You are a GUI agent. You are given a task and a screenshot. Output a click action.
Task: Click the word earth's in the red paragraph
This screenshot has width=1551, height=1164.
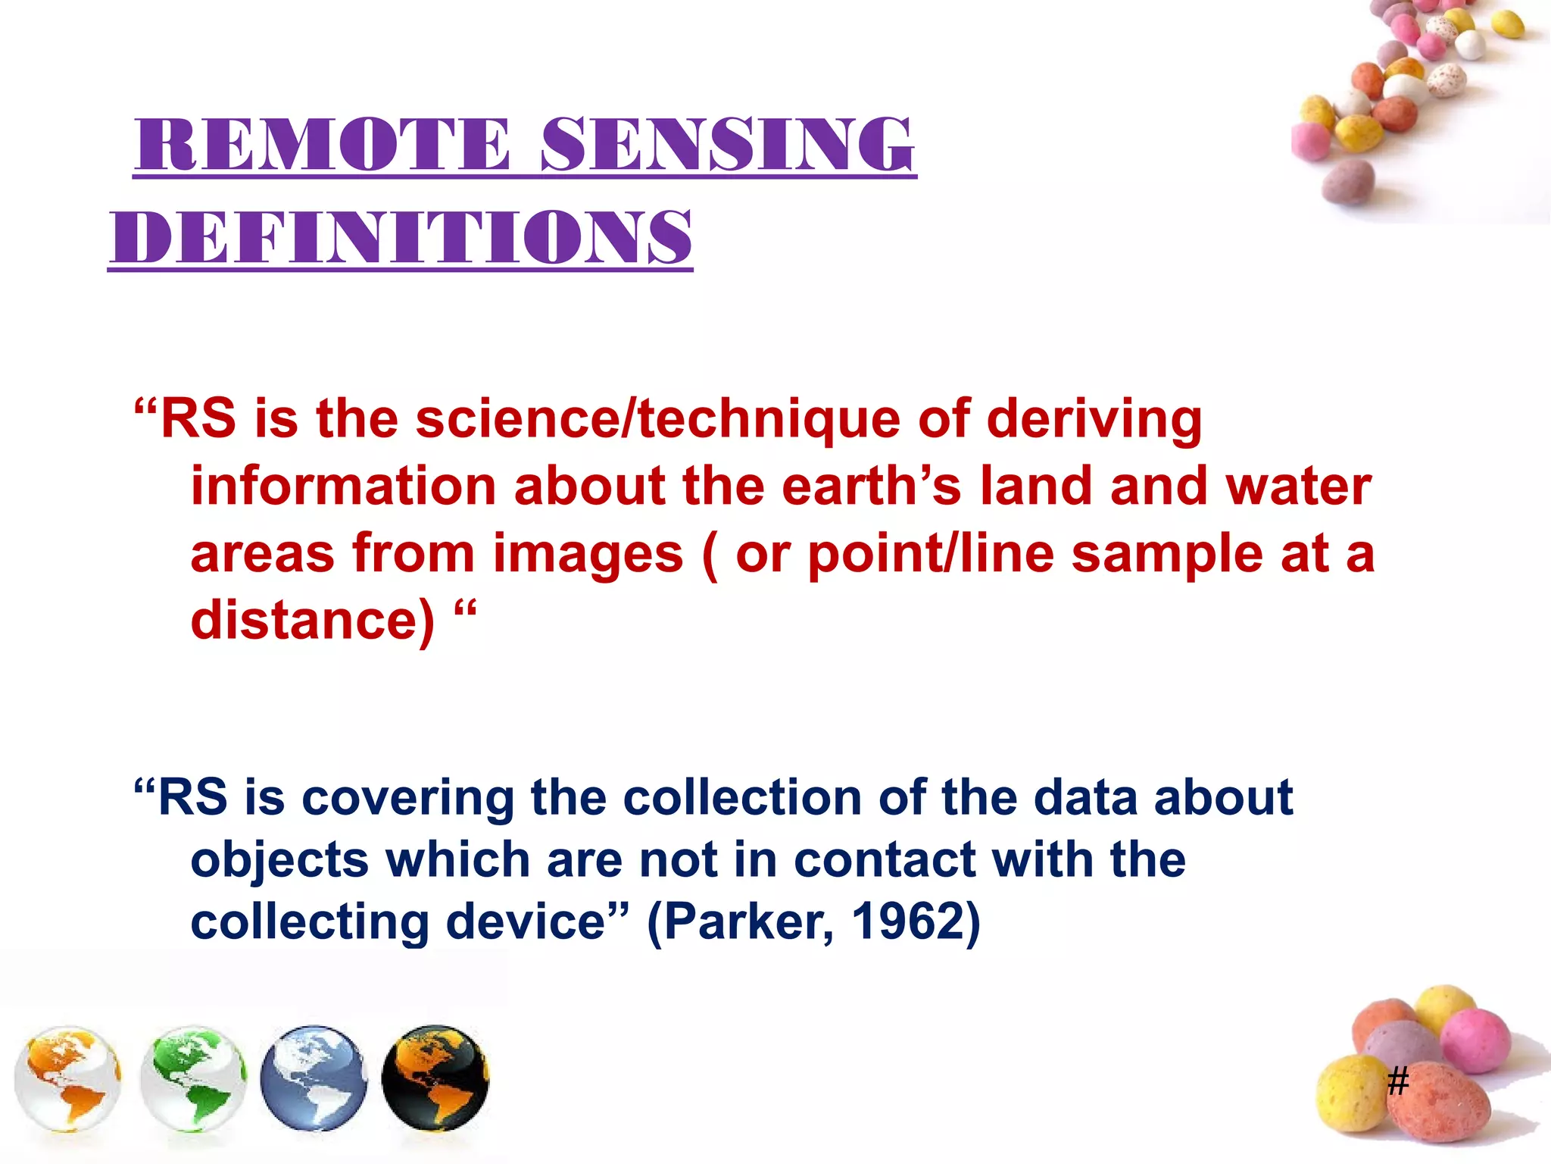click(x=871, y=486)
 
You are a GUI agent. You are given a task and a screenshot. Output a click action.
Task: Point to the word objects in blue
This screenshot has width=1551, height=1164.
click(x=279, y=862)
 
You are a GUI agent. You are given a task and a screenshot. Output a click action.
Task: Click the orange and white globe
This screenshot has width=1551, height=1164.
click(x=68, y=1078)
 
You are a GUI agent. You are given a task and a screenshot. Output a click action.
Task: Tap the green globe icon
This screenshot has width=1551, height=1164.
click(x=194, y=1078)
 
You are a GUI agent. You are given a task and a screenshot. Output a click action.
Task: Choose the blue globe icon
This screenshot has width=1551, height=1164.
click(x=314, y=1078)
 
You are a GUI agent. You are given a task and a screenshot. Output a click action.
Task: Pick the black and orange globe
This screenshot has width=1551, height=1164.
click(x=435, y=1078)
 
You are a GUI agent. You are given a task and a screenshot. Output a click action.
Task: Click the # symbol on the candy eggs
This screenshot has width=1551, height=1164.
click(x=1398, y=1081)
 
